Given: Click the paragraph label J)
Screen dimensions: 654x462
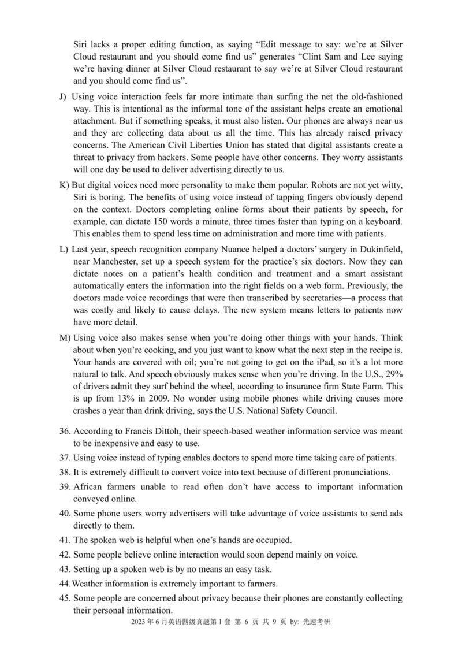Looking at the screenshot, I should [x=63, y=96].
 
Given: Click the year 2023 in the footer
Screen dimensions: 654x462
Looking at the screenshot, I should [x=139, y=622].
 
